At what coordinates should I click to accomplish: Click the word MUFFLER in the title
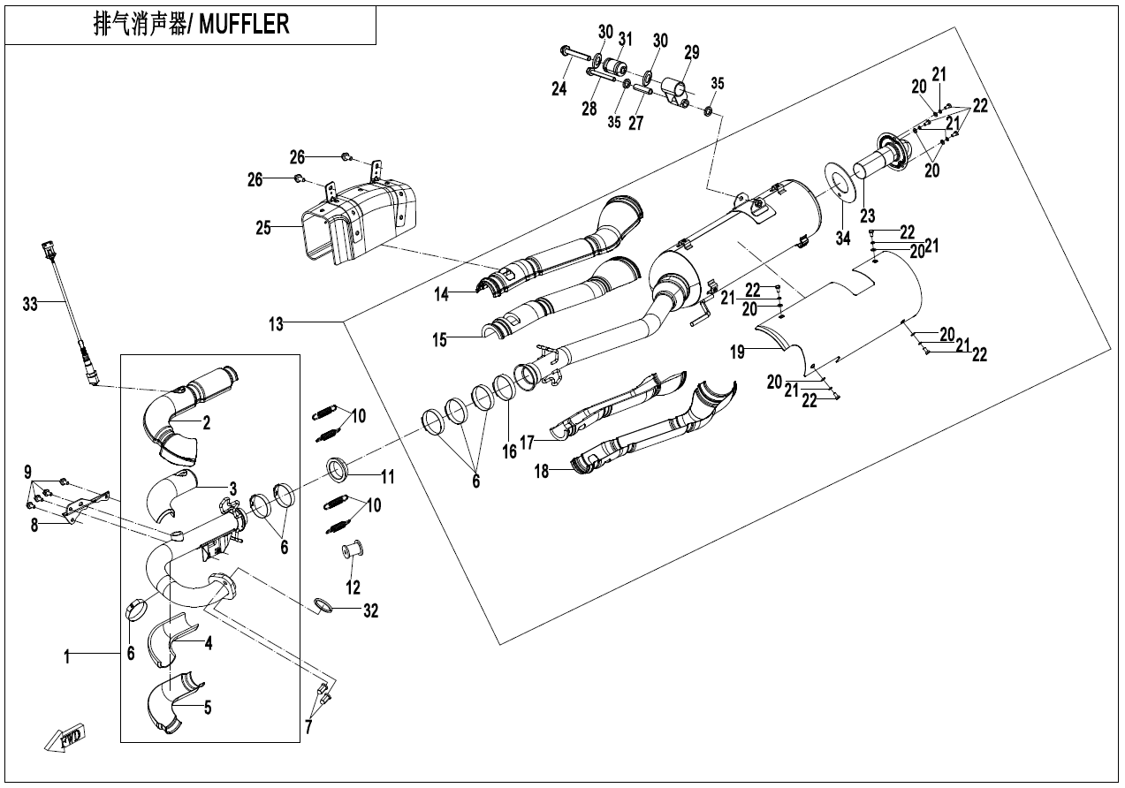coord(245,24)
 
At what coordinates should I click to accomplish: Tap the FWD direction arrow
coord(67,737)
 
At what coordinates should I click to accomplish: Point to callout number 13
coord(277,324)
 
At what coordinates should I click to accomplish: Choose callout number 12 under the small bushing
coord(353,587)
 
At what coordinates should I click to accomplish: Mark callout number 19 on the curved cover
coord(738,352)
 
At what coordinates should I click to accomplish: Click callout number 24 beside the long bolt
coord(559,88)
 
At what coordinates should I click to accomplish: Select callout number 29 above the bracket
coord(691,52)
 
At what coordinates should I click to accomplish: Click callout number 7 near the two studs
coord(308,728)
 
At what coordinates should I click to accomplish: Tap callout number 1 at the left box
coord(67,655)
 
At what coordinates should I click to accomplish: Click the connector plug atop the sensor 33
coord(49,251)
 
